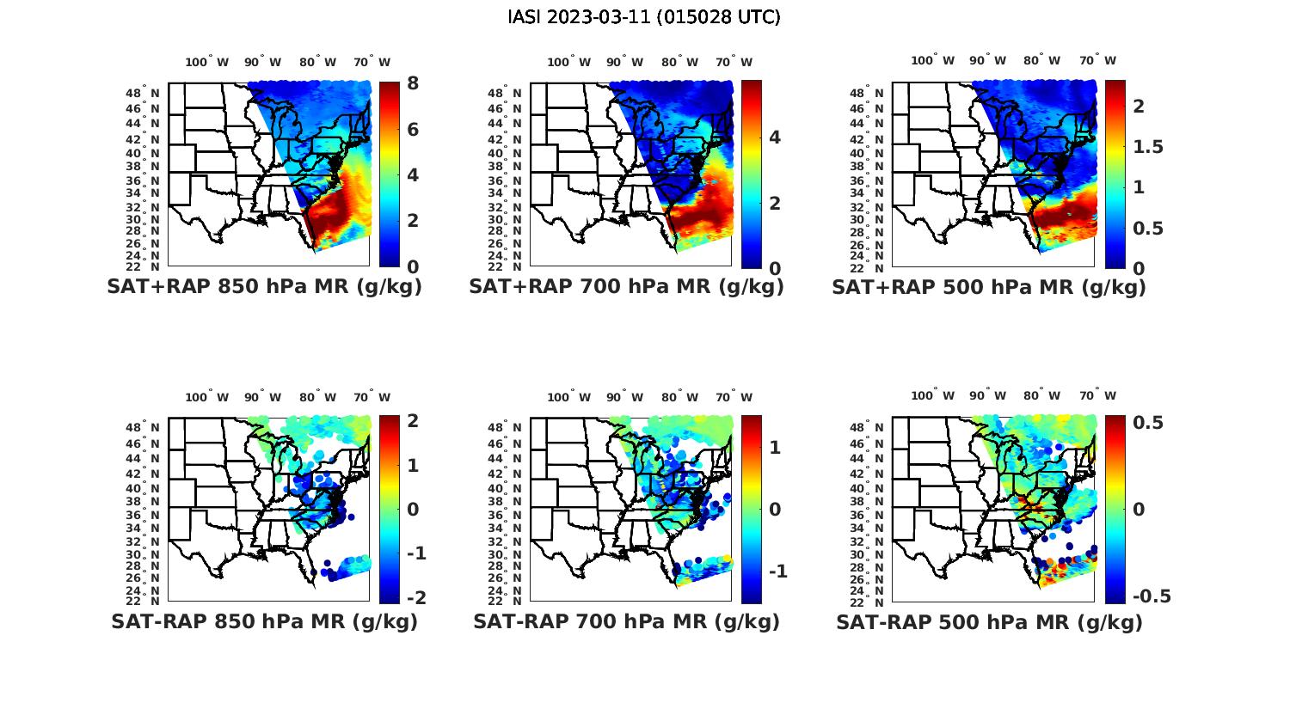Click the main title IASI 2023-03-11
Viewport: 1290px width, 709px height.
pos(644,17)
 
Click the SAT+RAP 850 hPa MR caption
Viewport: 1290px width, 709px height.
pos(264,287)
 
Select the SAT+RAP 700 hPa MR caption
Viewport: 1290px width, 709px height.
pos(626,287)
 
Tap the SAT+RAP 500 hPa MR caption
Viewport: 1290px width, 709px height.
pos(989,287)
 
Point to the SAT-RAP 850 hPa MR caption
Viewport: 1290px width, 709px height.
pos(264,621)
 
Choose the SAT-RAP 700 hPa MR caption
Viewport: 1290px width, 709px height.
pos(626,621)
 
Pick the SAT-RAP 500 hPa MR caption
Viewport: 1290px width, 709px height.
pos(989,622)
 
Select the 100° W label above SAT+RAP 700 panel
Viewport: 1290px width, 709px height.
pos(568,62)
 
